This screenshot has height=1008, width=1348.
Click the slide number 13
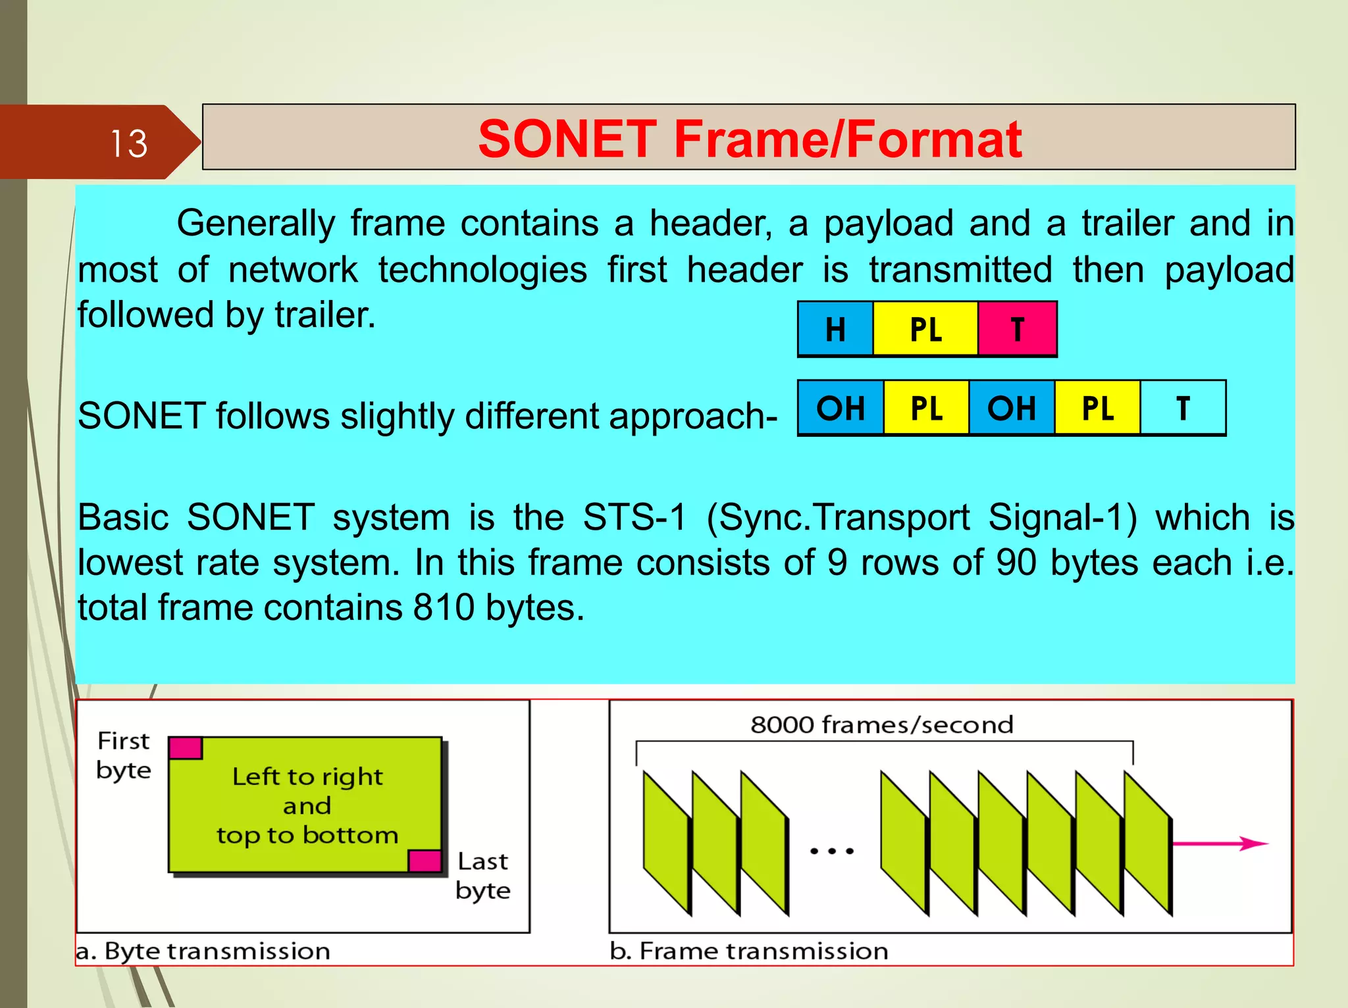128,143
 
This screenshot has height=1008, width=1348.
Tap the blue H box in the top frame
835,329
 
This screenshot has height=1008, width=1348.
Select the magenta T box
1018,329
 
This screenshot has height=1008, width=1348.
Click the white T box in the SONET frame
1183,408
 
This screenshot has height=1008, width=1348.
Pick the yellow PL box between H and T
925,329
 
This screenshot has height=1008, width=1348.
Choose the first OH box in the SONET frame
841,408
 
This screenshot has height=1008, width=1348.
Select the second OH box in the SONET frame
1012,408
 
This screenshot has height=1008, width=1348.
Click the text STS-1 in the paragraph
635,517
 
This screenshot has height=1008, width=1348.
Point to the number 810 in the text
444,607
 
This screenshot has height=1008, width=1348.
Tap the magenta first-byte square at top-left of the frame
186,748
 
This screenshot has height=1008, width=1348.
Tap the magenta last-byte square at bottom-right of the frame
425,861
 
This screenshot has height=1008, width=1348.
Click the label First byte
124,755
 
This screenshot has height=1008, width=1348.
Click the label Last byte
482,875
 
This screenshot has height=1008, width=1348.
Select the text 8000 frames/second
882,724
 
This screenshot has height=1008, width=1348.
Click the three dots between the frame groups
832,851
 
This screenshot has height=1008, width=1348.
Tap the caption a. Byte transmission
203,951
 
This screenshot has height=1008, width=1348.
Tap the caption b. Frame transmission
749,951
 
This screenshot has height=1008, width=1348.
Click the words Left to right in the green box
307,777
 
